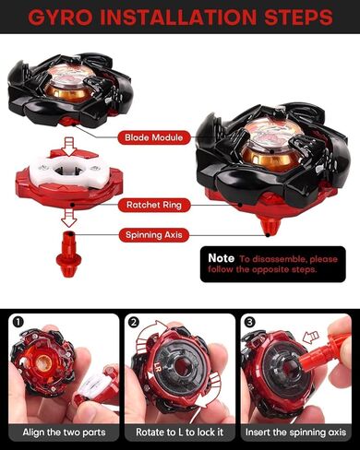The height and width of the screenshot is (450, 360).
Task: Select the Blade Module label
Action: click(x=155, y=137)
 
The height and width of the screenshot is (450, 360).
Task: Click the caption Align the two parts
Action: click(x=61, y=432)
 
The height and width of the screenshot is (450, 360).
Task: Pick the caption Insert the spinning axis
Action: click(x=297, y=432)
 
